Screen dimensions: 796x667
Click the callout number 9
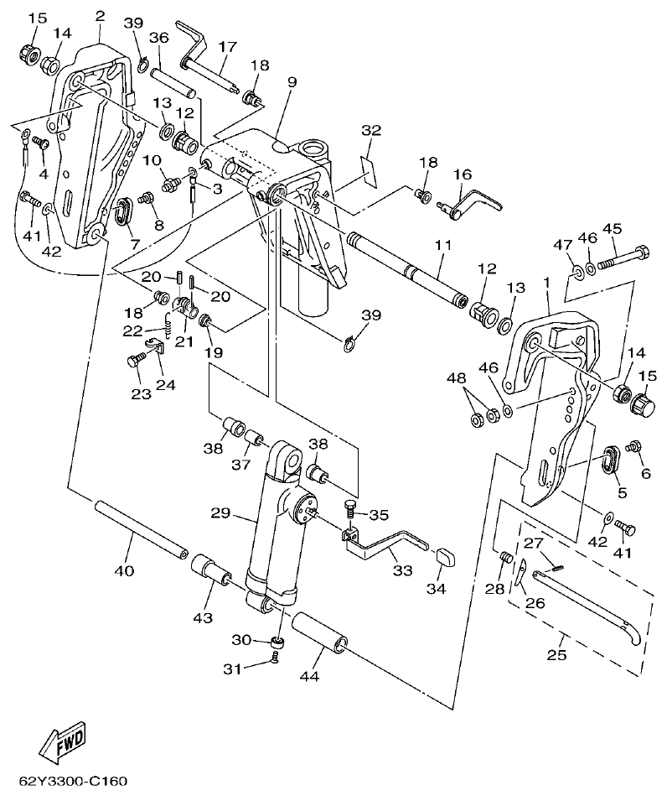pyautogui.click(x=292, y=81)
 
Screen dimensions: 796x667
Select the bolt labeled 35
pyautogui.click(x=350, y=508)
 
